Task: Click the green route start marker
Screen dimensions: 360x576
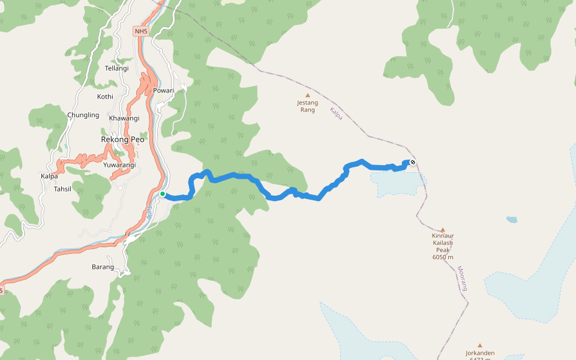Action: (x=163, y=194)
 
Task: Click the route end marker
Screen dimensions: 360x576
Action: (x=413, y=162)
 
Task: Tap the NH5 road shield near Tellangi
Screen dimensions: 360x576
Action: (x=140, y=31)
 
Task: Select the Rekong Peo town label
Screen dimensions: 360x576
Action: (x=123, y=139)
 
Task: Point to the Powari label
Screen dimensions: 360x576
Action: (x=163, y=91)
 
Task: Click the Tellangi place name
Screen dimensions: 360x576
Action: (x=116, y=68)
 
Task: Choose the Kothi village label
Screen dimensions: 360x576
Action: (x=105, y=97)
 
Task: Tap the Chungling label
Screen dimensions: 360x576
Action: (x=83, y=115)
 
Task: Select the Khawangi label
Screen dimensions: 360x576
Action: (x=124, y=118)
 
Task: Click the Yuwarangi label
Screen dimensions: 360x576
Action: (x=119, y=165)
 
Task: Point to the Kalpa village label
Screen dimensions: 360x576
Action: (x=49, y=176)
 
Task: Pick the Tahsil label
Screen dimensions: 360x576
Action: (x=62, y=189)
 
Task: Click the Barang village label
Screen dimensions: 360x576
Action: (x=103, y=267)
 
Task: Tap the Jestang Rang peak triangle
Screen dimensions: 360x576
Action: (x=308, y=95)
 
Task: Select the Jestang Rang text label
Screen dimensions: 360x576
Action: (x=307, y=106)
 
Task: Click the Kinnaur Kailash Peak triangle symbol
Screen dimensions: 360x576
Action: (x=443, y=230)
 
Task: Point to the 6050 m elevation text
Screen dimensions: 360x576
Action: (x=443, y=257)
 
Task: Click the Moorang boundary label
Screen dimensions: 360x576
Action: (x=462, y=278)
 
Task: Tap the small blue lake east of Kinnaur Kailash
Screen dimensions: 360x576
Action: (x=512, y=220)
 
